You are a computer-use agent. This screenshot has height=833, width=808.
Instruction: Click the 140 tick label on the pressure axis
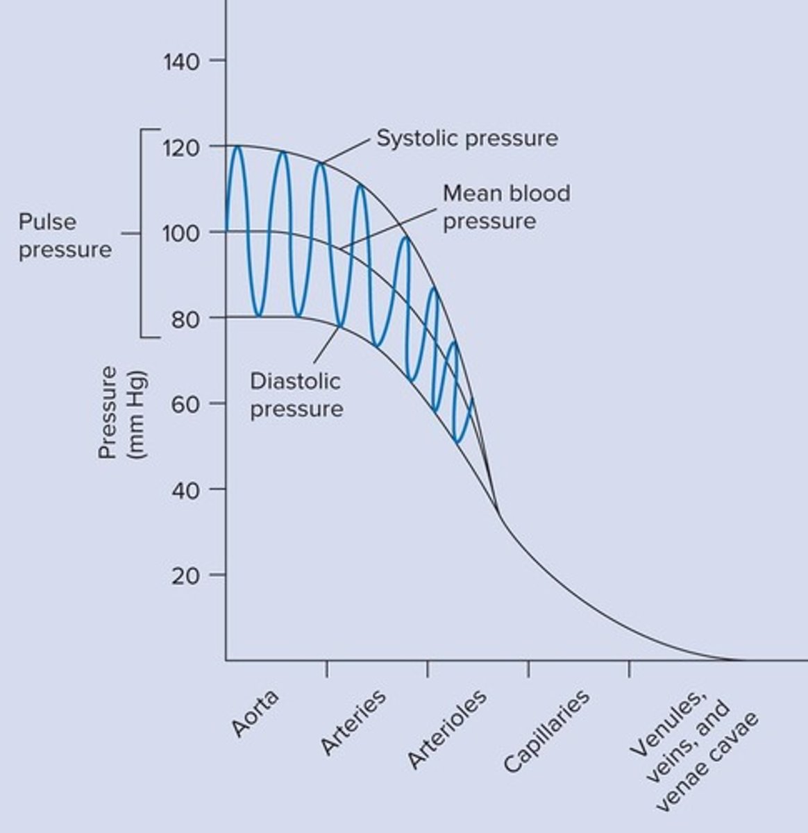point(181,62)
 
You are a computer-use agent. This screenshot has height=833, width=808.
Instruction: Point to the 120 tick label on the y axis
point(181,147)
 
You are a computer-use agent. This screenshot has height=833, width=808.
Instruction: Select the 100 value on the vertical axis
point(181,233)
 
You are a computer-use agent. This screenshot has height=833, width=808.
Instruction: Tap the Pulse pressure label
point(65,236)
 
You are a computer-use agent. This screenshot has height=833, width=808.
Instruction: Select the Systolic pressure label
point(466,138)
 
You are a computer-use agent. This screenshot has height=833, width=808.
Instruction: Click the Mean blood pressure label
point(506,207)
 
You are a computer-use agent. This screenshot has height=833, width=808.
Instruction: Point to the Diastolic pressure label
point(296,394)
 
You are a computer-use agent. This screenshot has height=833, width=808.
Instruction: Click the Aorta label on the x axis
point(255,713)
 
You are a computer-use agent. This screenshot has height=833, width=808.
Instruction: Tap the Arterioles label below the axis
point(446,729)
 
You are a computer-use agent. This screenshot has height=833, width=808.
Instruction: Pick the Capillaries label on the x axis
point(546,730)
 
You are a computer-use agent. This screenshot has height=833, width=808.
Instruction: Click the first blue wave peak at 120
point(237,146)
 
